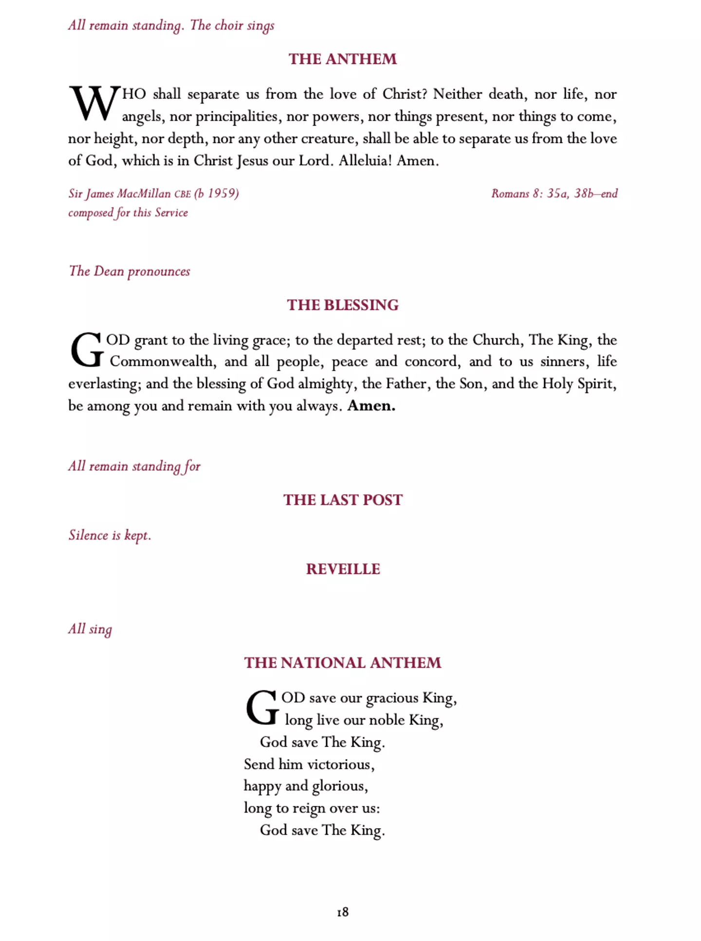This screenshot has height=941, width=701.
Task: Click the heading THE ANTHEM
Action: [342, 59]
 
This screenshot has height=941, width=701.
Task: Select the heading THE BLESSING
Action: [342, 305]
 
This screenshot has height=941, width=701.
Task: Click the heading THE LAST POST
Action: [343, 500]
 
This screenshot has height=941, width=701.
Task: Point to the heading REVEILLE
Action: [343, 569]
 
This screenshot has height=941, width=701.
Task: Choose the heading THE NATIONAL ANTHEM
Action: [342, 663]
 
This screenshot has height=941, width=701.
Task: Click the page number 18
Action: [343, 912]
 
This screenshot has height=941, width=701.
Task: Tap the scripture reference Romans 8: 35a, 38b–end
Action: [554, 194]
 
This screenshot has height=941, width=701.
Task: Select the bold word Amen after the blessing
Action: [371, 406]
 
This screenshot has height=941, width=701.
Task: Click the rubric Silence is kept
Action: [110, 535]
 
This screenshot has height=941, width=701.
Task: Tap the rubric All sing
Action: [90, 629]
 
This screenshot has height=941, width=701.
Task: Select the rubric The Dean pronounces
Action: [129, 271]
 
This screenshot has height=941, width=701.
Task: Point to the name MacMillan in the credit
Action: [144, 194]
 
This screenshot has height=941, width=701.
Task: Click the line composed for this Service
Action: [128, 213]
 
